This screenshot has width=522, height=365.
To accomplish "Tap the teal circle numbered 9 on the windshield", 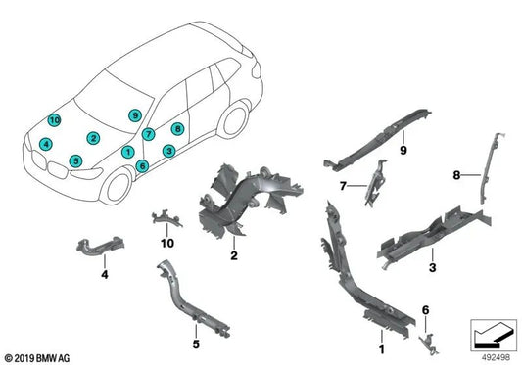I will (x=134, y=116).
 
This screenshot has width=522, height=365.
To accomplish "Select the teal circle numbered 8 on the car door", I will (x=177, y=128).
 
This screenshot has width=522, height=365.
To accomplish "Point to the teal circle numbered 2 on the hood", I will (x=93, y=138).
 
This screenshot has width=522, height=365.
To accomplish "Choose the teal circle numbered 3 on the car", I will (x=169, y=151).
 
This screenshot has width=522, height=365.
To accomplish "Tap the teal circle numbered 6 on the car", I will (x=143, y=165).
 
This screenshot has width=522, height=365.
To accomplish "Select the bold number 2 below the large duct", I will (x=234, y=256).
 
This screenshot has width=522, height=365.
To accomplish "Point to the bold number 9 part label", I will (x=402, y=148).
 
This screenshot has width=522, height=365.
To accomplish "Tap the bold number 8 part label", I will (x=458, y=176).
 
